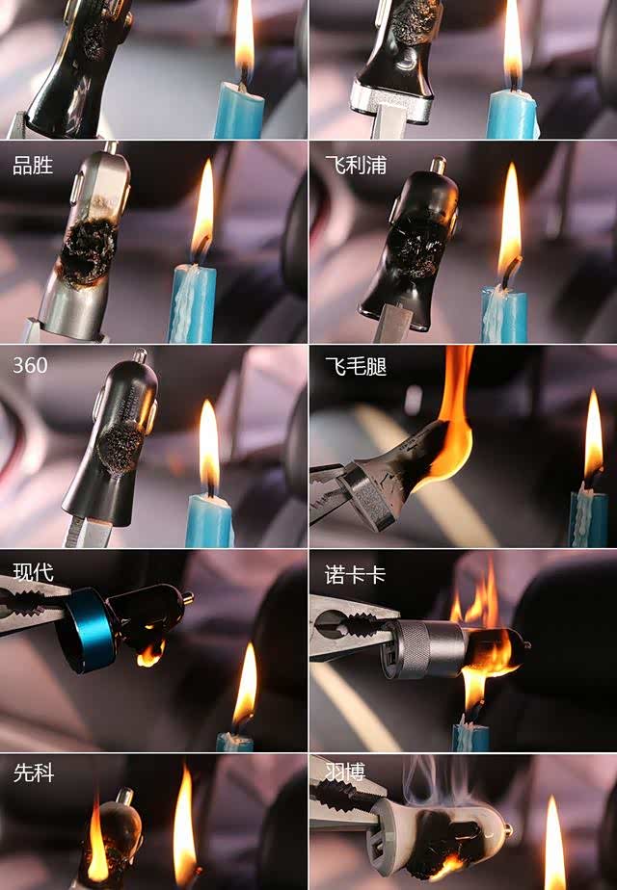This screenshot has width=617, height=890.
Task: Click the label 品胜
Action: [33, 166]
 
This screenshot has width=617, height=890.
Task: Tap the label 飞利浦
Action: [356, 165]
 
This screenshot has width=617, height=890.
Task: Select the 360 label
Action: [30, 365]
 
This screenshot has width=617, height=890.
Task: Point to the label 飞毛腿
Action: [356, 367]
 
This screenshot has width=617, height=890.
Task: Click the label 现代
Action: [34, 572]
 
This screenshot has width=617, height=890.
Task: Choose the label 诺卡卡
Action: [355, 575]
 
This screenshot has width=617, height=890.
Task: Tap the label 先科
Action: [34, 772]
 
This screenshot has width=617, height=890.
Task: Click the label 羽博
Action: [345, 772]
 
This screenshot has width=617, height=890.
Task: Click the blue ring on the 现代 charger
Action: [88, 629]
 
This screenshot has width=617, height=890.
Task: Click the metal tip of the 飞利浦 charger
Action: [438, 165]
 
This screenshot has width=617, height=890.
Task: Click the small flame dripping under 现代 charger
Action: [150, 654]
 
